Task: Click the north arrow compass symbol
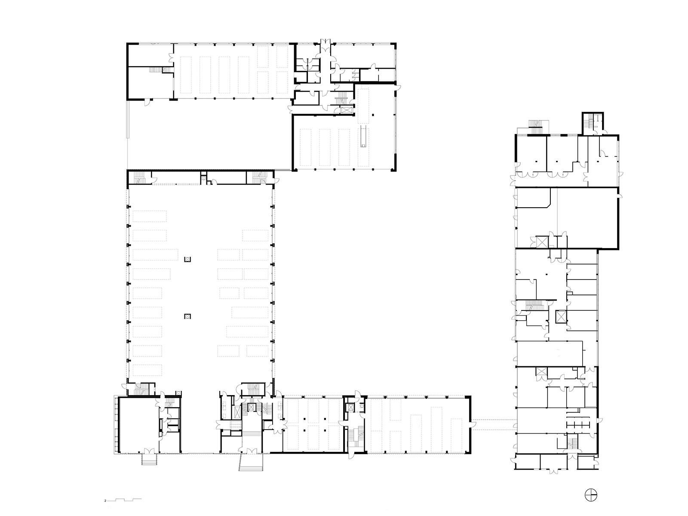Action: pos(591,495)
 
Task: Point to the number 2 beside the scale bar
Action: pos(105,501)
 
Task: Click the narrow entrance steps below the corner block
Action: pos(149,460)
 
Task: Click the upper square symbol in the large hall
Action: pos(187,259)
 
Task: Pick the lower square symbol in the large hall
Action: pos(187,316)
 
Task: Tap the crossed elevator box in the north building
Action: pos(347,110)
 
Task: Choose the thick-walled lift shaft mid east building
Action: pos(560,316)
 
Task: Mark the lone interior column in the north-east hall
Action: pos(373,115)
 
